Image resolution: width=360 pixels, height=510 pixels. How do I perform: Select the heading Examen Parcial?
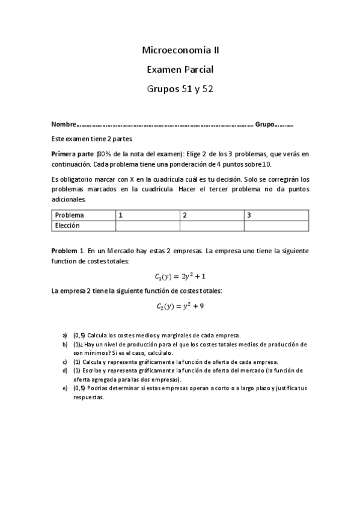tap(180, 70)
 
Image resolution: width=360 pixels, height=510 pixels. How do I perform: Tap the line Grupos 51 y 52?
tap(180, 89)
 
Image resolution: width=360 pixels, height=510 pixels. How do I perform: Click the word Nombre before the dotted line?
tap(64, 124)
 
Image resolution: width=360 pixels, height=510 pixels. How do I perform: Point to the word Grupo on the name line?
tap(265, 124)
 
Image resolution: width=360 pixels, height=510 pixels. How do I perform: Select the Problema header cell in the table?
tap(70, 215)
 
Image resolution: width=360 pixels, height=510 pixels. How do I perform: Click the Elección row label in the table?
tap(67, 226)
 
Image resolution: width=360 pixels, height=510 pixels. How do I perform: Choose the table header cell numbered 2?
tap(185, 215)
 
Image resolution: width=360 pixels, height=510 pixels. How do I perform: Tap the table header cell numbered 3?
tap(249, 215)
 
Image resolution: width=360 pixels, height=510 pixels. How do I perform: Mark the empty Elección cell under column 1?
tap(147, 226)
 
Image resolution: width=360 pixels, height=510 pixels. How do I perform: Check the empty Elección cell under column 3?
tap(276, 226)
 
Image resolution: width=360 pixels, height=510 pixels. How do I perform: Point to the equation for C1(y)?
tap(180, 276)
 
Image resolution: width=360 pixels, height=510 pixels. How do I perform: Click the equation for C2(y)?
tap(180, 306)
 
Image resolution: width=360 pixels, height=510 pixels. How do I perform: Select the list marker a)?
tap(64, 335)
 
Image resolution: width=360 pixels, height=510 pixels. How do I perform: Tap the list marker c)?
tap(64, 362)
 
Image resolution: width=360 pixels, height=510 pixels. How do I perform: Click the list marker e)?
tap(64, 388)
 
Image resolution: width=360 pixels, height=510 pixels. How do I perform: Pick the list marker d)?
tap(64, 371)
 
